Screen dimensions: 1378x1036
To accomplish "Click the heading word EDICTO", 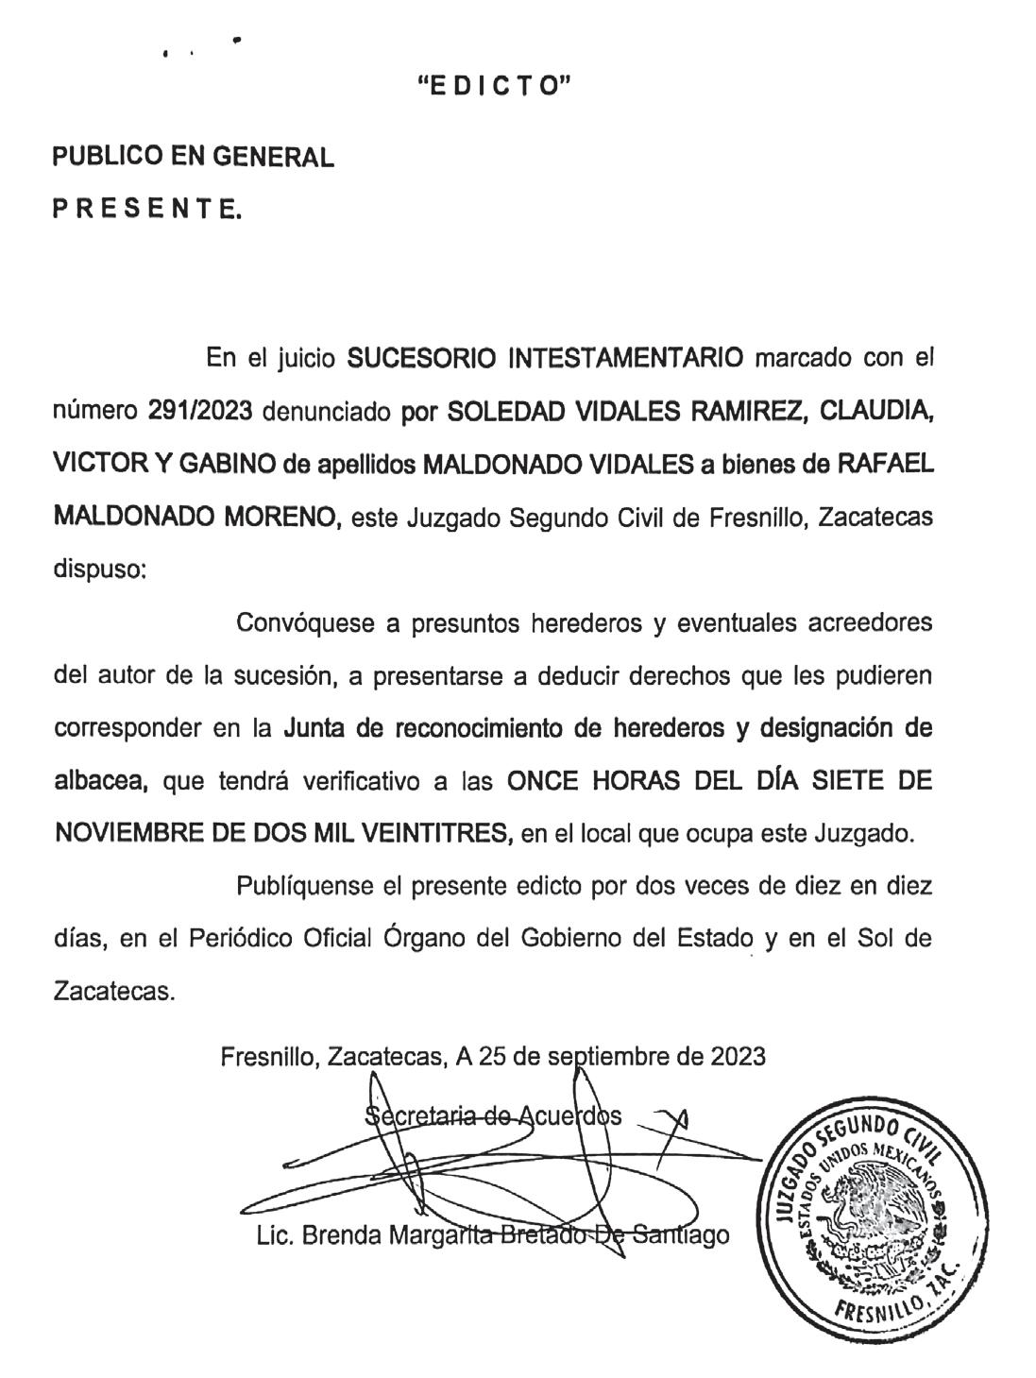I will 495,87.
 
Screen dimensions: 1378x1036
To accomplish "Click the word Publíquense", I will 306,888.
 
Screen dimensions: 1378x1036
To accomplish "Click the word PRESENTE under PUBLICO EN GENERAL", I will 146,210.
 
